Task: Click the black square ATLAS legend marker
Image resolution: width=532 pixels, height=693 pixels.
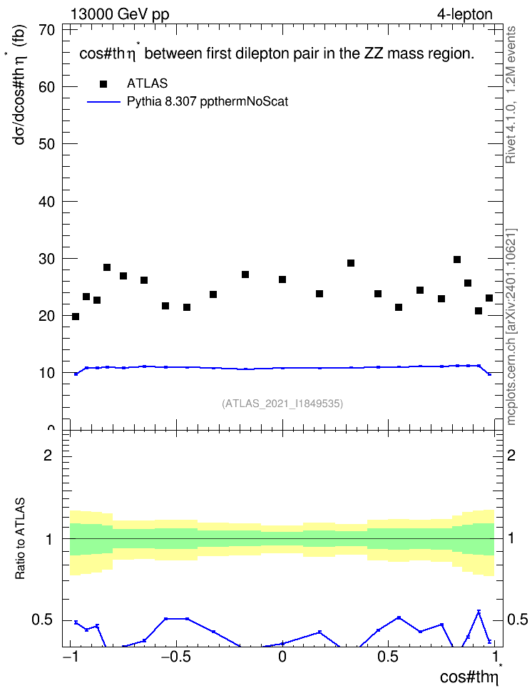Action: click(x=103, y=84)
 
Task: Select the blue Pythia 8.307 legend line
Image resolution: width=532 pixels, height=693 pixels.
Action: click(x=104, y=102)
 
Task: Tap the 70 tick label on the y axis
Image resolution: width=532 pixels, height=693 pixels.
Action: click(x=47, y=30)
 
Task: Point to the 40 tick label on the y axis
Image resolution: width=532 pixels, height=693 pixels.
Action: click(x=47, y=202)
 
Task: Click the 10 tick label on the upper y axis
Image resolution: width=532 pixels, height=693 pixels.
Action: click(x=47, y=373)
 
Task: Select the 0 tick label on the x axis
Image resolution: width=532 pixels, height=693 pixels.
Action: click(x=282, y=657)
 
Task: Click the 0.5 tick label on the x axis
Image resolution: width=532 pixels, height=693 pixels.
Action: click(x=388, y=657)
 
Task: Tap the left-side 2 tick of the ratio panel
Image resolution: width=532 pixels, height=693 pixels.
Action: click(x=48, y=455)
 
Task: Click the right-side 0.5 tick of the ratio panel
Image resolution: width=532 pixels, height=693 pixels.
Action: click(x=517, y=620)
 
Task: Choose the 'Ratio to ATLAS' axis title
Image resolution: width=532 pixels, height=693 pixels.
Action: click(x=20, y=538)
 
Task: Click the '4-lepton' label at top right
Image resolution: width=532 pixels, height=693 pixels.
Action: click(x=465, y=14)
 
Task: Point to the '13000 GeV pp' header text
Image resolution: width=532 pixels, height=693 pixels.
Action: click(x=120, y=14)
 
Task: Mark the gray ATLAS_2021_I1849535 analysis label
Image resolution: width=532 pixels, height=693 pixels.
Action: click(x=282, y=403)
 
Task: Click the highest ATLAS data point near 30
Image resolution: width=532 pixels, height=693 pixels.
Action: click(x=457, y=260)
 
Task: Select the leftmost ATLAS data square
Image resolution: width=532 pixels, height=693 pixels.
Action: click(x=76, y=317)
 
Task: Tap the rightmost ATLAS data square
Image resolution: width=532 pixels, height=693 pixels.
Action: click(x=489, y=298)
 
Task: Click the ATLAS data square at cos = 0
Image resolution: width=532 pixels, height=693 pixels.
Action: click(x=282, y=279)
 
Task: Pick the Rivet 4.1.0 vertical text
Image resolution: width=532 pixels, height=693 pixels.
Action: click(x=511, y=95)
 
